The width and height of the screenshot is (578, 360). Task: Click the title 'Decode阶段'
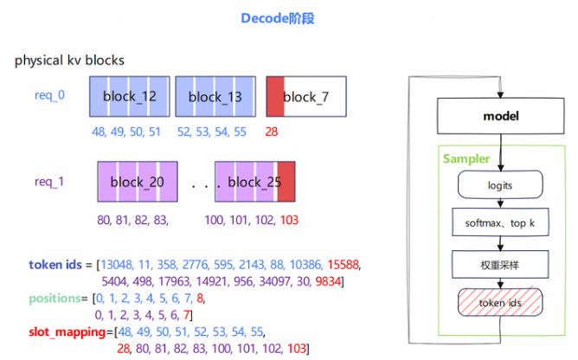coord(277,18)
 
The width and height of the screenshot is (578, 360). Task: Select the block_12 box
coord(130,97)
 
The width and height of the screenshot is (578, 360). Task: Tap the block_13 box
coord(215,97)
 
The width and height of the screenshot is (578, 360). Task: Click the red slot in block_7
coord(275,97)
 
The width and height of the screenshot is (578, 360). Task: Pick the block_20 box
coord(138,182)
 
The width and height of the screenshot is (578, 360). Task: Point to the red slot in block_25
coord(286,182)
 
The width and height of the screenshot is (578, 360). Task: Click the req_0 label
coord(49,95)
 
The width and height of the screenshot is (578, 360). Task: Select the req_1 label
coord(49,182)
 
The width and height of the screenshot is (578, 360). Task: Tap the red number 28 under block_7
coord(272,132)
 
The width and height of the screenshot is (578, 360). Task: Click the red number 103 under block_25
coord(289,220)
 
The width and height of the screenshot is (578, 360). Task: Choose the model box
coord(501,116)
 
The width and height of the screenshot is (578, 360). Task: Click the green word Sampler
coord(466,158)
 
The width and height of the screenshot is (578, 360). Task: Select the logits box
coord(500,184)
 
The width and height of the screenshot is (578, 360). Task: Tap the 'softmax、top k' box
coord(500,222)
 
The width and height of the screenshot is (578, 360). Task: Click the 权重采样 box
coord(500,265)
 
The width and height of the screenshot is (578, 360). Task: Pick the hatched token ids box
coord(500,303)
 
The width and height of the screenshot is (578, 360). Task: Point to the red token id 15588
coord(343,265)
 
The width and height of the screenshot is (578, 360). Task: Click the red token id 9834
coord(328,281)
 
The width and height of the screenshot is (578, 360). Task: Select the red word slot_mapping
coord(67,332)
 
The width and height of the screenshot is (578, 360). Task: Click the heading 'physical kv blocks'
coord(69,61)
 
